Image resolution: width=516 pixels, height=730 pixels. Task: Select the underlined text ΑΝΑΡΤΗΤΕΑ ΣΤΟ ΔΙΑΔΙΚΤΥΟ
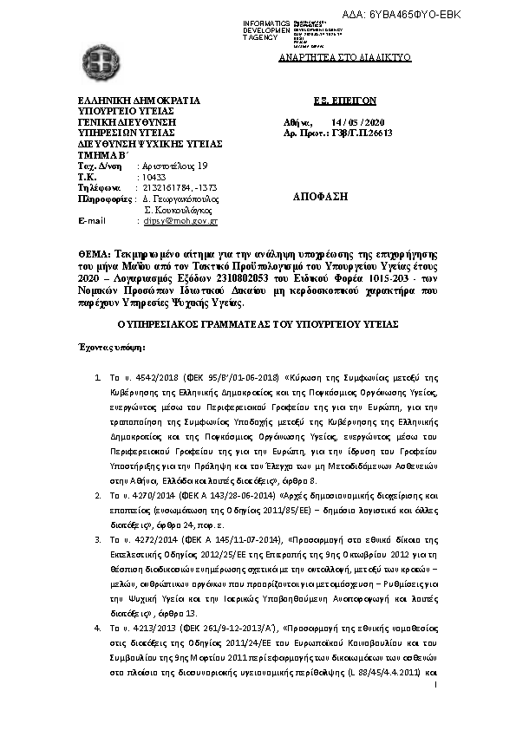coord(344,57)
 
